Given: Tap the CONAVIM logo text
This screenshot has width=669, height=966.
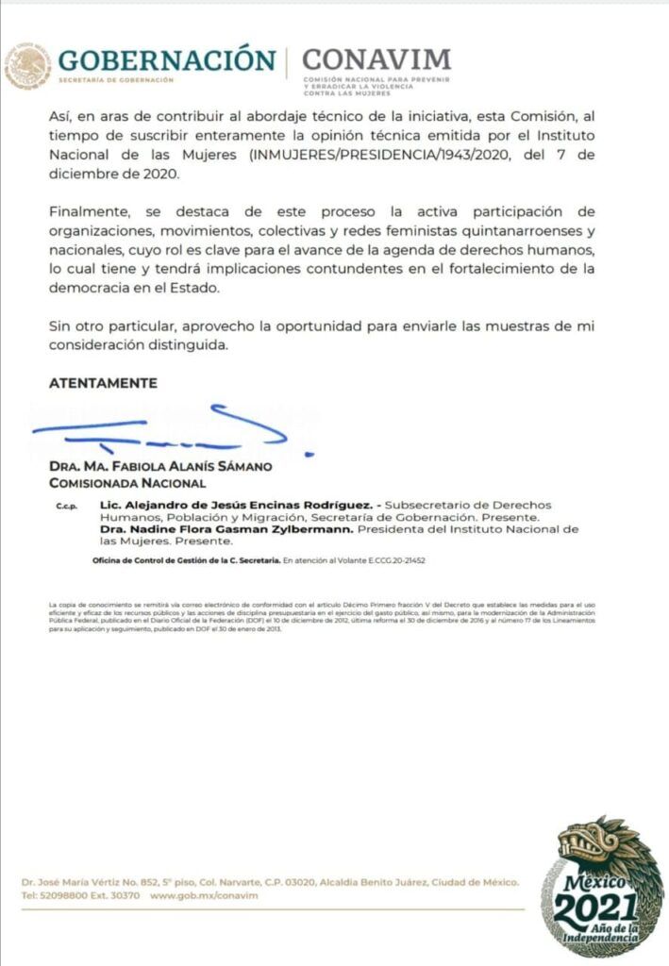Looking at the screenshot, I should coord(376,59).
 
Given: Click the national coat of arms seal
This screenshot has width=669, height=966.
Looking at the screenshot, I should coord(28,66).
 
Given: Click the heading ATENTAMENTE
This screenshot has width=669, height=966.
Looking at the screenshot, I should coord(103,383).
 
